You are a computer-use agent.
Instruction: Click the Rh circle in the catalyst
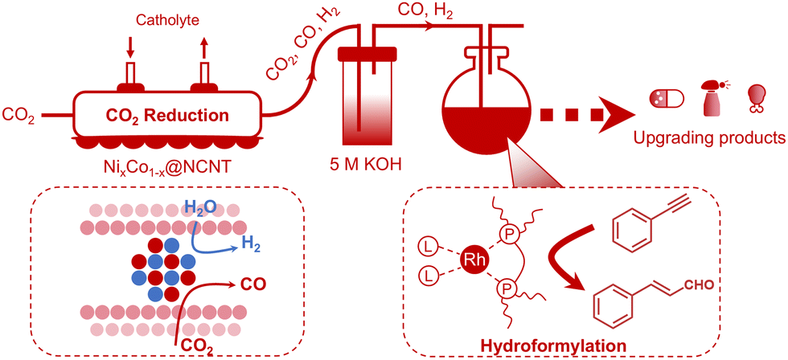pos(471,260)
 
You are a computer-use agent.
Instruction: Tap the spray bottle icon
pos(712,96)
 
